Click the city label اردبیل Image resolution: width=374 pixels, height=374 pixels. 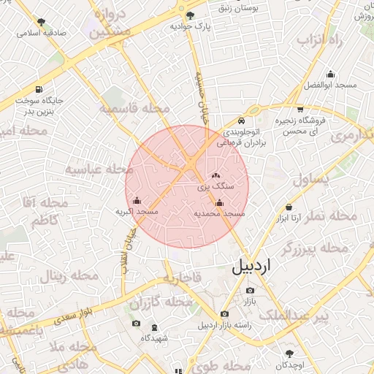251,267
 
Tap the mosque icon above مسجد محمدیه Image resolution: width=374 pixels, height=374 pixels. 219,203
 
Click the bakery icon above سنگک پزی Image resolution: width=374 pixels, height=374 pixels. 215,175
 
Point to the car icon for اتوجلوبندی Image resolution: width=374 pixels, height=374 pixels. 241,121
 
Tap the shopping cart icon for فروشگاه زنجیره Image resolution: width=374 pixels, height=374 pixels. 299,109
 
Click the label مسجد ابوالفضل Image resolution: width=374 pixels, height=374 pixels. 332,85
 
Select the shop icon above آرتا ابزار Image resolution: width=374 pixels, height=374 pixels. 289,207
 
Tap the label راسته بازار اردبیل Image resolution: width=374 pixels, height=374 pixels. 224,325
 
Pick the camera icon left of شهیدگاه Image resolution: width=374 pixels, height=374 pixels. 135,324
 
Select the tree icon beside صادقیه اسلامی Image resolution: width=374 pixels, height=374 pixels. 40,22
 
